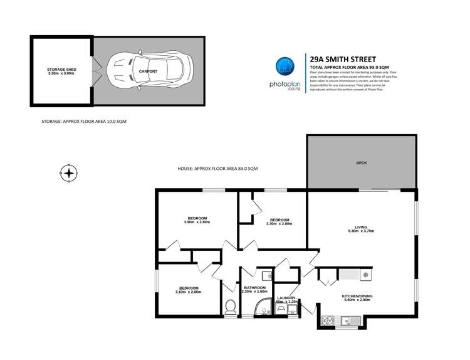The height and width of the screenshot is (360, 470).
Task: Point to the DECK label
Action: point(361,163)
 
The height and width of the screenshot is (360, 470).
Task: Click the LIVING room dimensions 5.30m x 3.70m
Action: point(360,231)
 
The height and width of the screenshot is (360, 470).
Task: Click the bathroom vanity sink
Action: point(266,275)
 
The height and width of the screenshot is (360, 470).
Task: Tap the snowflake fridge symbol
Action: point(365,275)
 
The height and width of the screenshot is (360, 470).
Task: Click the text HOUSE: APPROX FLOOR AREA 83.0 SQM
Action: point(217,169)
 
